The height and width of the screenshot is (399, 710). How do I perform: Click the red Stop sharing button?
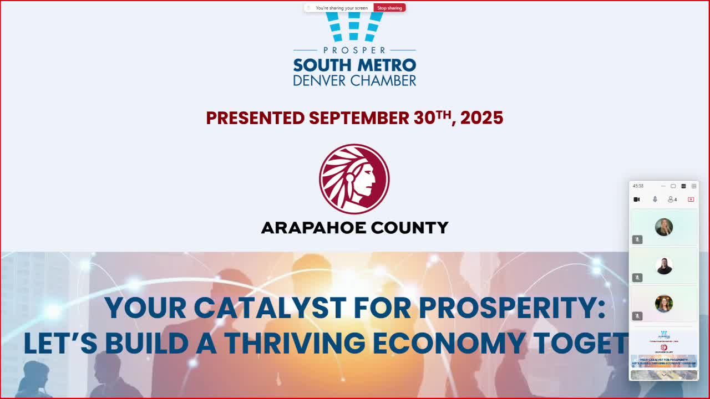point(389,8)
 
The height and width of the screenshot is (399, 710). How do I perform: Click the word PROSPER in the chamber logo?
point(354,50)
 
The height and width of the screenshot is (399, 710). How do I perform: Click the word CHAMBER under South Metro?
point(381,80)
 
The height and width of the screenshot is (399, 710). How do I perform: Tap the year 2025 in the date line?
point(481,118)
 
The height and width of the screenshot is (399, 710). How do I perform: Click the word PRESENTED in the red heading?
point(255,118)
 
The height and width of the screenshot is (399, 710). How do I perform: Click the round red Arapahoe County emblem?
point(354,179)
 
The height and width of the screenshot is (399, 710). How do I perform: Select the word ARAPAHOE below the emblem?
point(312,228)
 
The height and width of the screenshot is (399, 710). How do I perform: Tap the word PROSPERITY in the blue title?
point(507,308)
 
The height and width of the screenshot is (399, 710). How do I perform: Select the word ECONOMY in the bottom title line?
point(449,344)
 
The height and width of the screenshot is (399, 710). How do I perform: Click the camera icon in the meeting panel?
point(637,199)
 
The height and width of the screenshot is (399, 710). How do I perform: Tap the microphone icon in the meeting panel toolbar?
point(655,199)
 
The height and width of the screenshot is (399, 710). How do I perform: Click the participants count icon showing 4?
point(672,199)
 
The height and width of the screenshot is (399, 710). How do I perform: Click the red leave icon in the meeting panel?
point(691,199)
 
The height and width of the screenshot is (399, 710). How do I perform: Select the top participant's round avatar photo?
point(664,227)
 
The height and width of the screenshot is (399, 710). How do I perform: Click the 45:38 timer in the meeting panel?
point(638,186)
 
